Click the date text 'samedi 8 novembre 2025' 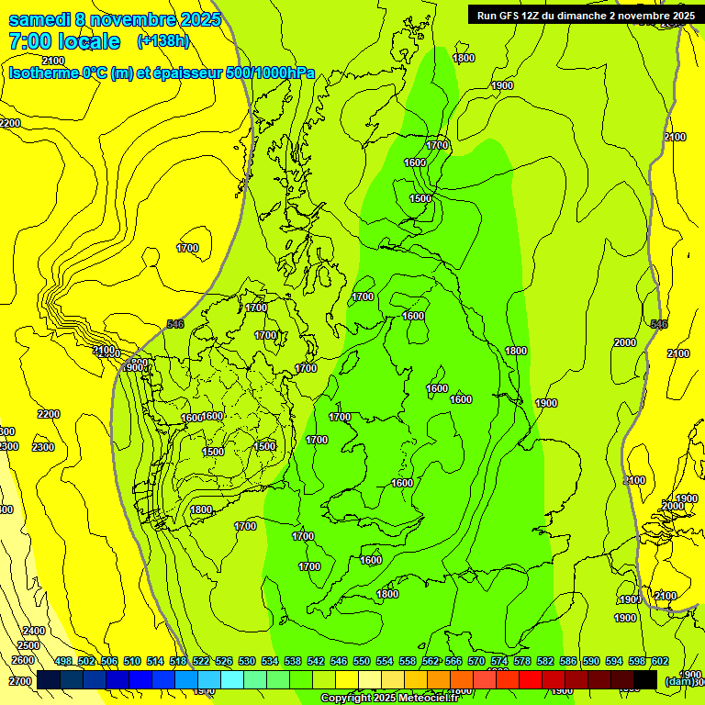pyautogui.click(x=115, y=19)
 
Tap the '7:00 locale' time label pyautogui.click(x=64, y=41)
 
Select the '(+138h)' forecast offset pyautogui.click(x=163, y=41)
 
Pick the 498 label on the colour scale pyautogui.click(x=63, y=662)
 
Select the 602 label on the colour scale pyautogui.click(x=659, y=662)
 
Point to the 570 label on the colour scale pyautogui.click(x=476, y=662)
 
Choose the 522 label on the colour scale pyautogui.click(x=201, y=662)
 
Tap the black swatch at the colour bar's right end pyautogui.click(x=645, y=679)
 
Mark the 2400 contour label pyautogui.click(x=33, y=631)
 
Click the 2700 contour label pyautogui.click(x=20, y=681)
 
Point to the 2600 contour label pyautogui.click(x=23, y=660)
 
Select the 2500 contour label pyautogui.click(x=28, y=645)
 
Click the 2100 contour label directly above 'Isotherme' pyautogui.click(x=53, y=61)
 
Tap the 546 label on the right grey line pyautogui.click(x=659, y=324)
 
